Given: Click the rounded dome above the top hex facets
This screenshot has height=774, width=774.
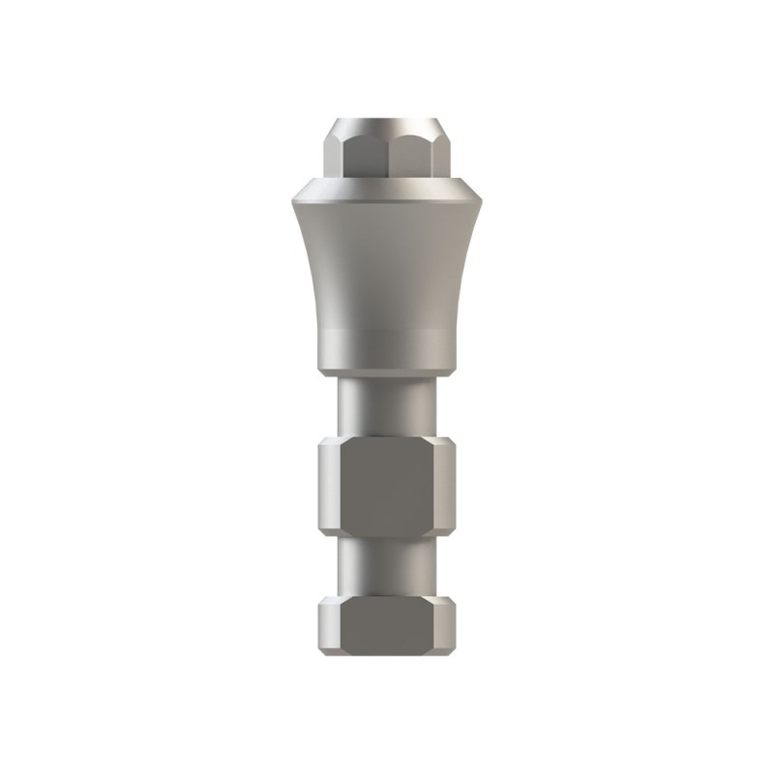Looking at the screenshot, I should (x=387, y=126).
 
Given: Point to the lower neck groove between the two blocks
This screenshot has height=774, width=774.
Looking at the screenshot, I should (x=387, y=566).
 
